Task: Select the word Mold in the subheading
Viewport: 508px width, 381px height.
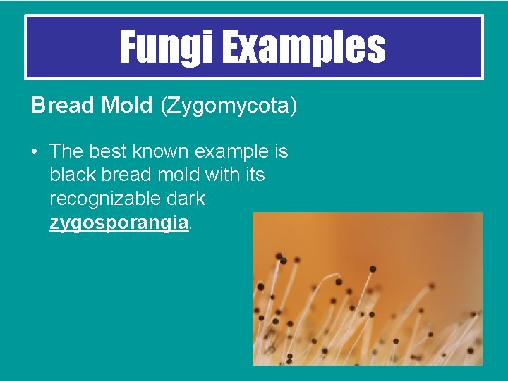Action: click(126, 106)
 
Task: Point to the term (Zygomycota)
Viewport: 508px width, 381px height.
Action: click(229, 106)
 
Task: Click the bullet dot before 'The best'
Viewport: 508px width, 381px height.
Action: click(35, 151)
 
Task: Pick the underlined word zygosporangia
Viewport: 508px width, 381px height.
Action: click(119, 223)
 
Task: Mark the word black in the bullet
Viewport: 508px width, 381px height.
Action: click(71, 175)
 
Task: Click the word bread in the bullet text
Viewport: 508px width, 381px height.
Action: click(121, 175)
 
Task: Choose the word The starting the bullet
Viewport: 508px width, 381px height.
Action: click(67, 151)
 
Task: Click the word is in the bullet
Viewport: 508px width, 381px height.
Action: click(281, 151)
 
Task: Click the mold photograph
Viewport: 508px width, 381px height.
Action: click(368, 289)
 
